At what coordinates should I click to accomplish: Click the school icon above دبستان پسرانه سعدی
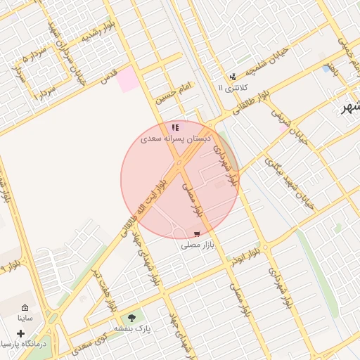[x=175, y=127]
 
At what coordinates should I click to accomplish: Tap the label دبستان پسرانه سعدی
[x=175, y=139]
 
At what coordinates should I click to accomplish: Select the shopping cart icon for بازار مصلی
[x=197, y=233]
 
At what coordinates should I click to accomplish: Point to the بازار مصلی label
[x=197, y=245]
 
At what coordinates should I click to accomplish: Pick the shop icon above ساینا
[x=25, y=308]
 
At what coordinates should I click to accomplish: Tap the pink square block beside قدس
[x=128, y=79]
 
